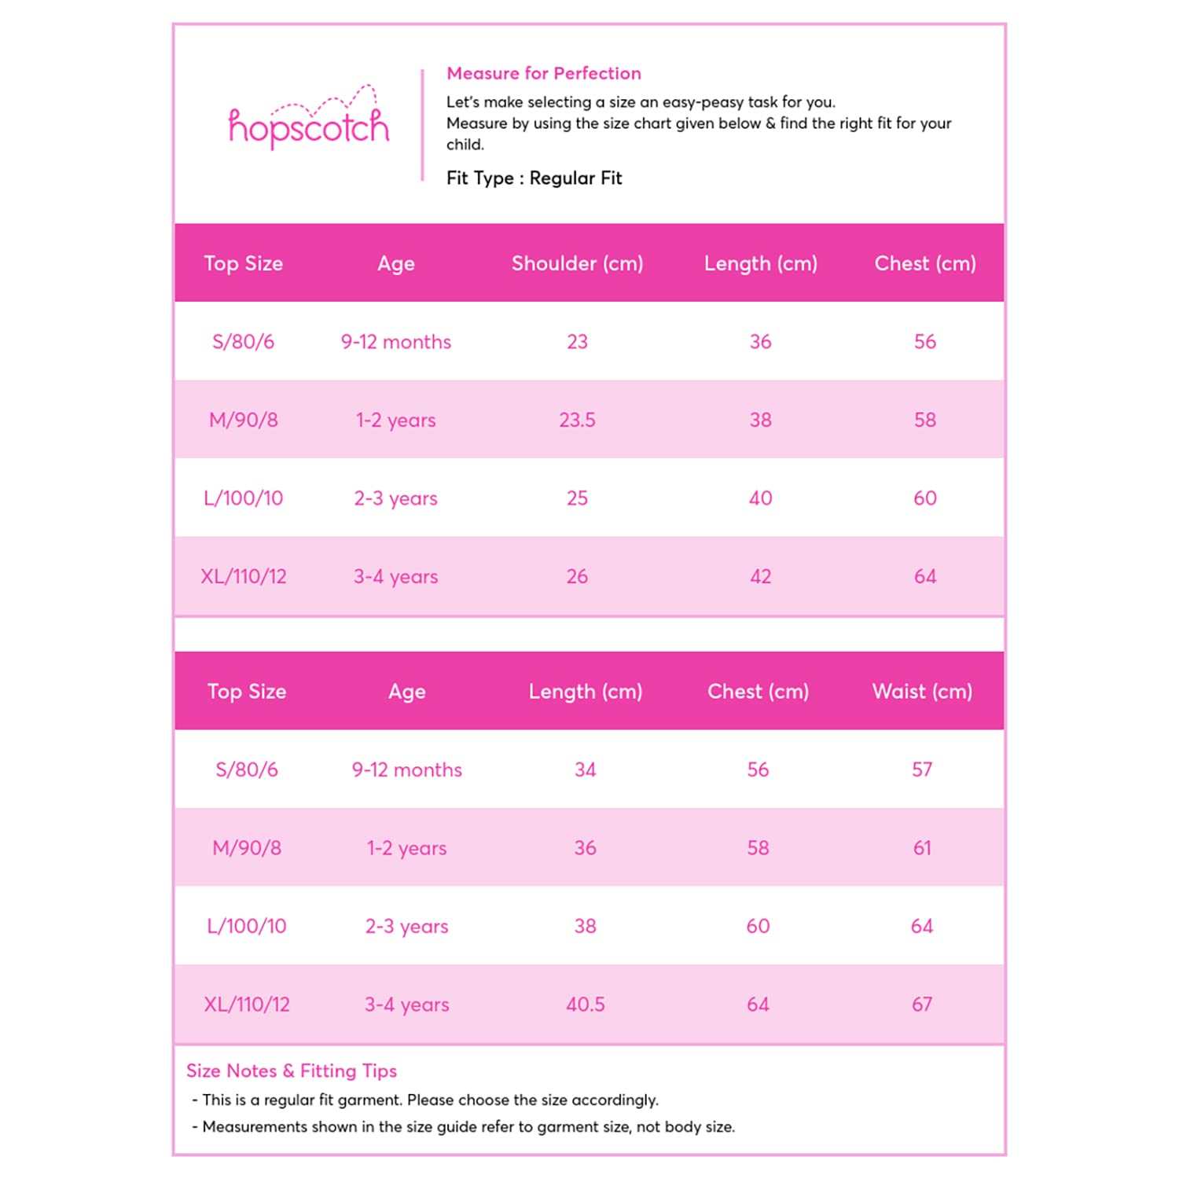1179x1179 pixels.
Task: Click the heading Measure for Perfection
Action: [x=543, y=73]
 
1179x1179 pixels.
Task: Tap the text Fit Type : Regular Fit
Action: [x=534, y=178]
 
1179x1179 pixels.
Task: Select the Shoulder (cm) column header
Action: [x=577, y=263]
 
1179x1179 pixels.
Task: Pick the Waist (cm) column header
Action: [x=922, y=692]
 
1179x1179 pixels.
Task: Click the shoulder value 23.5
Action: [x=577, y=420]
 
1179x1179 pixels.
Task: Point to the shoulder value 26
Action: [x=577, y=577]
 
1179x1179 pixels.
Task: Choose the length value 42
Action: [x=760, y=577]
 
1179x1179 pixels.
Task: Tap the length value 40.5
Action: [x=586, y=1005]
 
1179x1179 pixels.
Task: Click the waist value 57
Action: [x=922, y=769]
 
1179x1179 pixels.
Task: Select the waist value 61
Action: [x=922, y=848]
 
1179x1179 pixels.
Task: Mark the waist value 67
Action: [x=922, y=1005]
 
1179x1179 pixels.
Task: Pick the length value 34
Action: [x=586, y=769]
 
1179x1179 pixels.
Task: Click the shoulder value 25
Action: [x=577, y=498]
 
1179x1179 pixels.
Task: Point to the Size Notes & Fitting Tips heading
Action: [x=291, y=1071]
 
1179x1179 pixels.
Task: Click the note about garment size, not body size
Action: [x=468, y=1127]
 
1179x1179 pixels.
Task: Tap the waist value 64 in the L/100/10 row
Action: [x=922, y=926]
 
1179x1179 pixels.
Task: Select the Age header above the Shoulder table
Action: [x=395, y=263]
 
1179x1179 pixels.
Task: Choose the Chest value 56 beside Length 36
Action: [x=925, y=342]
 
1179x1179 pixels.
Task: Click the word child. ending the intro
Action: [x=465, y=145]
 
